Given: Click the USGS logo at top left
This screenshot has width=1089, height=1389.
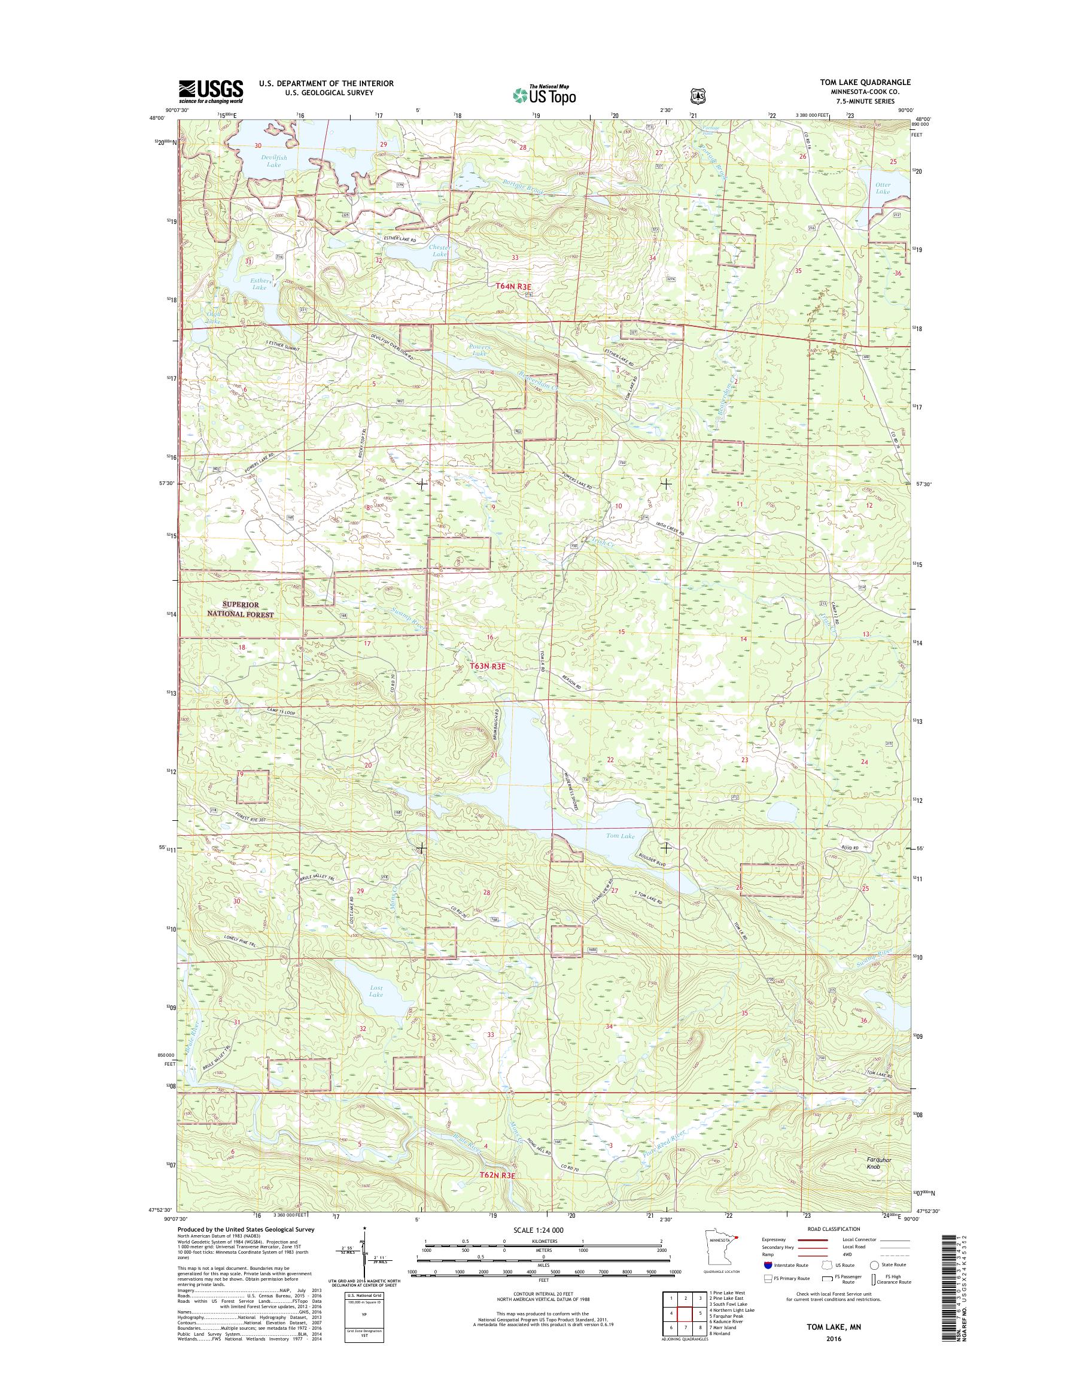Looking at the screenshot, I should coord(211,91).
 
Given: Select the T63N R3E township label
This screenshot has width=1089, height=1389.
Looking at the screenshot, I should coord(488,666).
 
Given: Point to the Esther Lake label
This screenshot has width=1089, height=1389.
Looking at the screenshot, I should coord(260,283).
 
